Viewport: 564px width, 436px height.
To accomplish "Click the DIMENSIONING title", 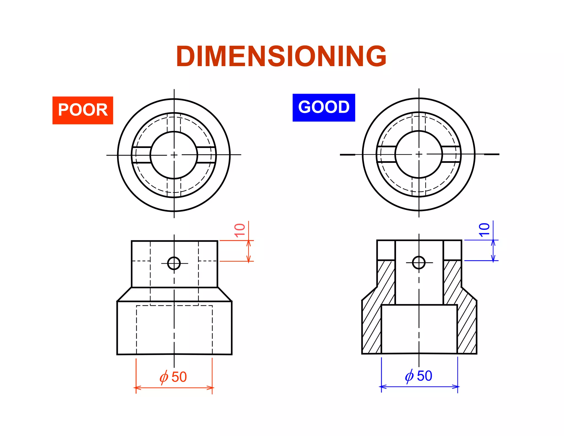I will pos(281,56).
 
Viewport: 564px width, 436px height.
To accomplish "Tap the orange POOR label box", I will pos(83,110).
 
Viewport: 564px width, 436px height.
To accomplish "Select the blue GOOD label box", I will pos(324,107).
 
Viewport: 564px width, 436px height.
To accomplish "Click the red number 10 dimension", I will pos(240,230).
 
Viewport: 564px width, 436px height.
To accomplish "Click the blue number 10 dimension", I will pos(484,230).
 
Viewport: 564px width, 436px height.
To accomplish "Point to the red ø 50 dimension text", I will pos(173,377).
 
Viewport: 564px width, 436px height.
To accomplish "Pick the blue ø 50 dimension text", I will pos(419,376).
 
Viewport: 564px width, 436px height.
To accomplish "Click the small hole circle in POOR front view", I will pos(174,263).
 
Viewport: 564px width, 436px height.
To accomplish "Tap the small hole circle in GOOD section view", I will pos(419,262).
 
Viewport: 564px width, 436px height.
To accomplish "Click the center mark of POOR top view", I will pos(174,155).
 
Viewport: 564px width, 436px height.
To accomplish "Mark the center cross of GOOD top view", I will pos(419,154).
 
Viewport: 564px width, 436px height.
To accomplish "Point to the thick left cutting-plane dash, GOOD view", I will pos(347,155).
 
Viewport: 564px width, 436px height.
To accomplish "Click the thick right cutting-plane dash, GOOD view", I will pos(492,154).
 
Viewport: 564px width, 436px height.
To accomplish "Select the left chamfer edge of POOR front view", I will pos(124,294).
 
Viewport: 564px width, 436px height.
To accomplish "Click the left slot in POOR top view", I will pos(142,155).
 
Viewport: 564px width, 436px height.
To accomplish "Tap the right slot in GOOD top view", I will pos(451,154).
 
